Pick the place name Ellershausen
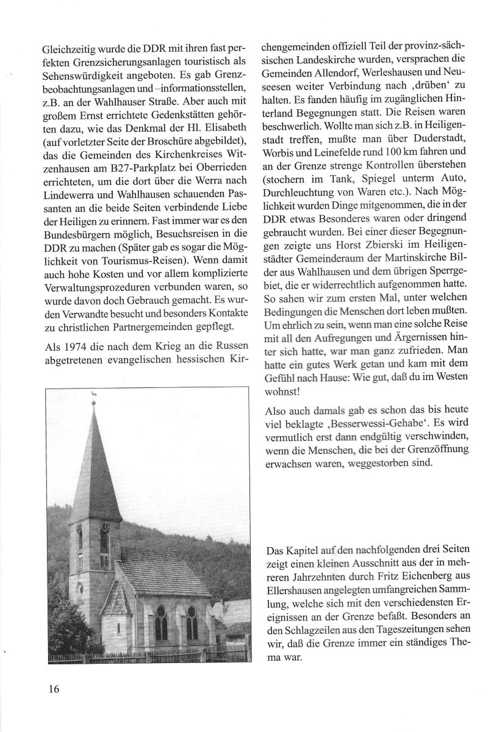tap(294, 590)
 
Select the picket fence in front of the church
tap(146, 656)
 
